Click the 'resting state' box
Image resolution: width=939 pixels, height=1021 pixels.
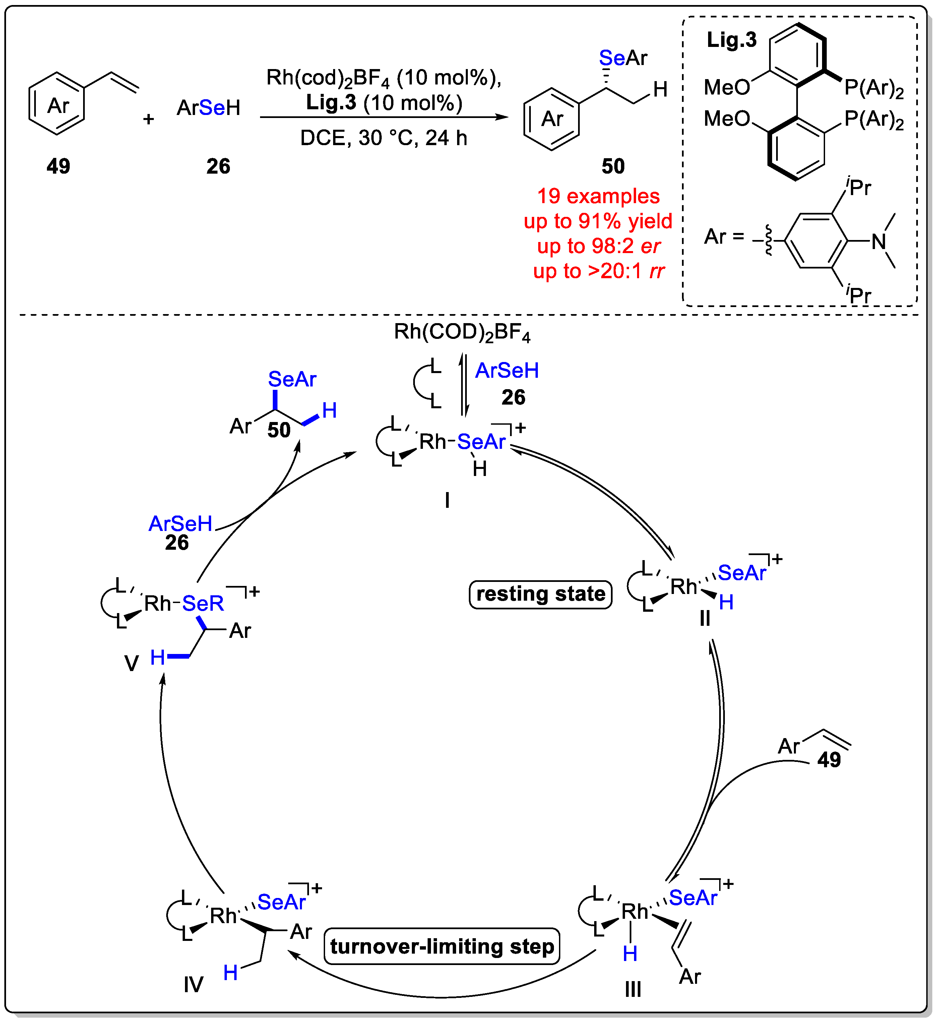[x=540, y=594]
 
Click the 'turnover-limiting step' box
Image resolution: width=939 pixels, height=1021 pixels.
[x=442, y=946]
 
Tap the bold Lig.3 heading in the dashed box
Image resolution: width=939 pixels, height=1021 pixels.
[x=731, y=40]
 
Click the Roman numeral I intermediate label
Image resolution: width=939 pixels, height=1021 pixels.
[x=447, y=500]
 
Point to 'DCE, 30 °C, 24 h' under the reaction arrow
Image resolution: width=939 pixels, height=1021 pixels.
[x=384, y=138]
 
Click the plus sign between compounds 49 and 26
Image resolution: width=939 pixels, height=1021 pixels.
[x=148, y=119]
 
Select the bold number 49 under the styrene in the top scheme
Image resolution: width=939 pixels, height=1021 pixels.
[x=58, y=166]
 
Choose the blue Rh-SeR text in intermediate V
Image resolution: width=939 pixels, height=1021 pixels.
[x=202, y=603]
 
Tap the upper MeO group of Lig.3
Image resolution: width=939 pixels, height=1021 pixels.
[x=727, y=87]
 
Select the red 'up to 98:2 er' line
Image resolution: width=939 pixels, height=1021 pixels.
[x=598, y=246]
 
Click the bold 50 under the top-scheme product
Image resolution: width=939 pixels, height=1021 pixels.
[x=613, y=166]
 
